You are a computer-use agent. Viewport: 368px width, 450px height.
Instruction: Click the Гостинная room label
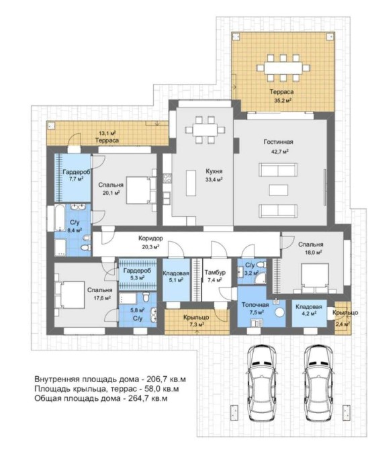click(278, 142)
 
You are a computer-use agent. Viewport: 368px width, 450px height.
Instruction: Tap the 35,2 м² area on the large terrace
click(283, 101)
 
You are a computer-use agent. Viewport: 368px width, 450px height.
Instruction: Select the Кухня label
click(214, 171)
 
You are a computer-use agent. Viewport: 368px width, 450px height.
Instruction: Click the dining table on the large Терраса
click(283, 68)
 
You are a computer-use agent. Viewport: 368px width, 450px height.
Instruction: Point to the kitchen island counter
click(191, 183)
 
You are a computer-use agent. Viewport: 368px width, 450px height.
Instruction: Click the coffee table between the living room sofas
click(279, 190)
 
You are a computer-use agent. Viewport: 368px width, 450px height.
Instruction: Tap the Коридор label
click(150, 238)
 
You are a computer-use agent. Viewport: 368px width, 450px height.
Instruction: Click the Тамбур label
click(215, 273)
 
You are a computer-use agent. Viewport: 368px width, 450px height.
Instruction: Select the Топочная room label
click(255, 305)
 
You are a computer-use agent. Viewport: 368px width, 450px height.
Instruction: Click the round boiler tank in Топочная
click(279, 312)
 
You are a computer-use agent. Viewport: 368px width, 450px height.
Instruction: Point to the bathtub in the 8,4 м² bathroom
click(60, 218)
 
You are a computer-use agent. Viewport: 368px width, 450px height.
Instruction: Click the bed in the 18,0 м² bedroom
click(315, 278)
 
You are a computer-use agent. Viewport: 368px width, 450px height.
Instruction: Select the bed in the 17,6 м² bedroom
click(70, 295)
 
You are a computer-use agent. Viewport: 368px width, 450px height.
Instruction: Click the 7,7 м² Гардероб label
click(76, 175)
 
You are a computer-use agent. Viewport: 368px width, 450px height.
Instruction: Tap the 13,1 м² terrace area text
click(107, 133)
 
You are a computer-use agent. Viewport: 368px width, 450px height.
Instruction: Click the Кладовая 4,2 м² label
click(309, 310)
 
